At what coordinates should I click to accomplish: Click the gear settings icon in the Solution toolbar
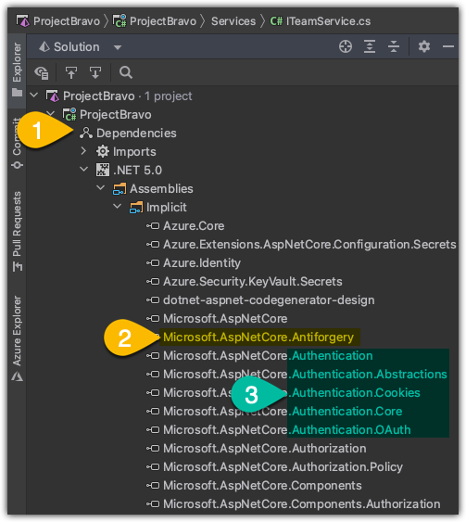pyautogui.click(x=423, y=46)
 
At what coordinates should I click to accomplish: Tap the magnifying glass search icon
pyautogui.click(x=126, y=72)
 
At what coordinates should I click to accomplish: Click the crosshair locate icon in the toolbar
pyautogui.click(x=346, y=46)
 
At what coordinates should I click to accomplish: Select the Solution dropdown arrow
pyautogui.click(x=118, y=47)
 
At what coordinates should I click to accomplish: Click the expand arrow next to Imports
pyautogui.click(x=83, y=151)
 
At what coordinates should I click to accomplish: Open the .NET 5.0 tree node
pyautogui.click(x=137, y=171)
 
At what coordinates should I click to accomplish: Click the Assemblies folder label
pyautogui.click(x=161, y=189)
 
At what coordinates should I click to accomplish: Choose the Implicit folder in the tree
pyautogui.click(x=167, y=208)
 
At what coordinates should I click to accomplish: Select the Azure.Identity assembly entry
pyautogui.click(x=202, y=263)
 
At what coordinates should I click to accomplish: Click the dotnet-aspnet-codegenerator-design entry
pyautogui.click(x=269, y=300)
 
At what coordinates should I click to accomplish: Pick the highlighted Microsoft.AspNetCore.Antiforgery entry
pyautogui.click(x=258, y=337)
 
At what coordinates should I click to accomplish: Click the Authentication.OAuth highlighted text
pyautogui.click(x=349, y=430)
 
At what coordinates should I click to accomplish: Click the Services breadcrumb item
pyautogui.click(x=233, y=21)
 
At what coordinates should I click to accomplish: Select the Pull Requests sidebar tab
pyautogui.click(x=17, y=231)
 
